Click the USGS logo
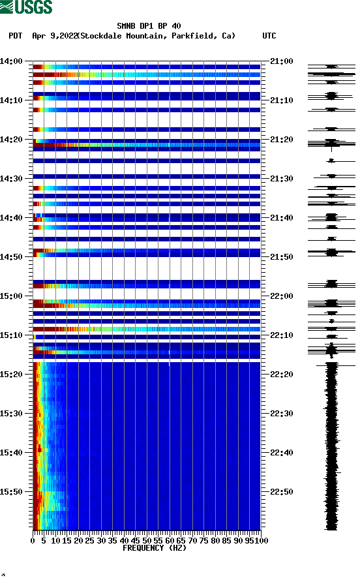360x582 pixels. pyautogui.click(x=26, y=7)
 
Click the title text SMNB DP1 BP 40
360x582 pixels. pyautogui.click(x=149, y=27)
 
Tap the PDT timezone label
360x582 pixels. pyautogui.click(x=16, y=36)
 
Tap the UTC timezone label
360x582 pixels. pyautogui.click(x=269, y=36)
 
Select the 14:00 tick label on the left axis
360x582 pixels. pyautogui.click(x=12, y=61)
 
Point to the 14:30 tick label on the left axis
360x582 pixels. pyautogui.click(x=12, y=179)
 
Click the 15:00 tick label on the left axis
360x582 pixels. pyautogui.click(x=12, y=296)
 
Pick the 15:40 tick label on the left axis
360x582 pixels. pyautogui.click(x=12, y=453)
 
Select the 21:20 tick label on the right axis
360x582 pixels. pyautogui.click(x=282, y=140)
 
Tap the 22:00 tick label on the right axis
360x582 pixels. pyautogui.click(x=282, y=296)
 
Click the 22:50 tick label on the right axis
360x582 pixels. pyautogui.click(x=282, y=492)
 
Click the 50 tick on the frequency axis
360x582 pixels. pyautogui.click(x=147, y=540)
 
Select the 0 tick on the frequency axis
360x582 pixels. pyautogui.click(x=33, y=540)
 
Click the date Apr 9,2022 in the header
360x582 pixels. pyautogui.click(x=55, y=36)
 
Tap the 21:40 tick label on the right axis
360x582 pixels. pyautogui.click(x=282, y=218)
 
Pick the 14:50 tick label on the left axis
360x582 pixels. pyautogui.click(x=12, y=257)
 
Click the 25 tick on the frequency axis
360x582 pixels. pyautogui.click(x=90, y=540)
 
